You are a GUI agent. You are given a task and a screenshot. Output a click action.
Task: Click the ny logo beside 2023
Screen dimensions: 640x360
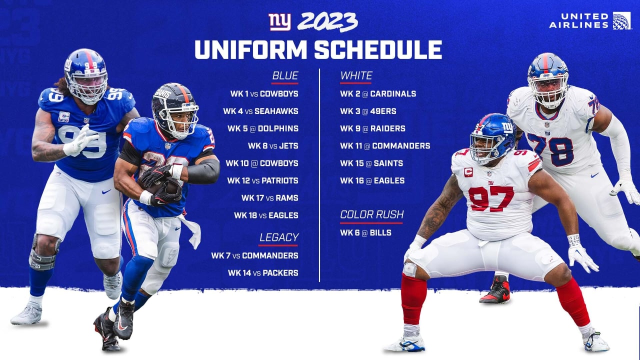(x=279, y=22)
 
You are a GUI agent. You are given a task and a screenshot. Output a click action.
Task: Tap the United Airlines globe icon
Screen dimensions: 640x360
(x=621, y=21)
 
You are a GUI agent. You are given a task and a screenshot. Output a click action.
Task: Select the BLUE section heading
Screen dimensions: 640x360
(x=285, y=75)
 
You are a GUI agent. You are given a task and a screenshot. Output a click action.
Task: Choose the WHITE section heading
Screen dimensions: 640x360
(x=356, y=75)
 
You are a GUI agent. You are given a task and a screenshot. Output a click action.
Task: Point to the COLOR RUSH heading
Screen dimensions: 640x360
(x=371, y=214)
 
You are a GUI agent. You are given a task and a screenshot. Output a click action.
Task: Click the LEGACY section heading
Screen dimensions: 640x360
(x=279, y=237)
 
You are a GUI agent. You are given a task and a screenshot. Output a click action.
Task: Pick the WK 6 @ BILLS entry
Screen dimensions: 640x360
(x=365, y=232)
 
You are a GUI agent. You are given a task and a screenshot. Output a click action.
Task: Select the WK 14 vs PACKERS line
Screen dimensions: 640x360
(x=263, y=273)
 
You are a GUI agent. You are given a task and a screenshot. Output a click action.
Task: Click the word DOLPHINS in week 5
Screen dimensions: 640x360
(x=278, y=128)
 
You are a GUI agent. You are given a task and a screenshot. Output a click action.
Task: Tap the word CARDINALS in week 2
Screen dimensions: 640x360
(x=393, y=93)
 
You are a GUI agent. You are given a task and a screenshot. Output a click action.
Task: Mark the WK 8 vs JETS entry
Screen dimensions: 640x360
(x=273, y=146)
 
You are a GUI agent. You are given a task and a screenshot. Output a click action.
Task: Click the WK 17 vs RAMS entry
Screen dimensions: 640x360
(x=269, y=198)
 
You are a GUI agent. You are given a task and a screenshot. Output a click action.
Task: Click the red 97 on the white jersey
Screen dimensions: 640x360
(x=491, y=198)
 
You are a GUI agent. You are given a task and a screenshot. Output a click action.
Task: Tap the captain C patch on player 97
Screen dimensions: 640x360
(x=468, y=172)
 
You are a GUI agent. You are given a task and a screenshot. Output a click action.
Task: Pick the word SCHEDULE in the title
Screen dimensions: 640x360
(x=378, y=49)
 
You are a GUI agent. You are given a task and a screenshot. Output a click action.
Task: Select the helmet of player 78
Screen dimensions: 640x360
(x=548, y=80)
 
